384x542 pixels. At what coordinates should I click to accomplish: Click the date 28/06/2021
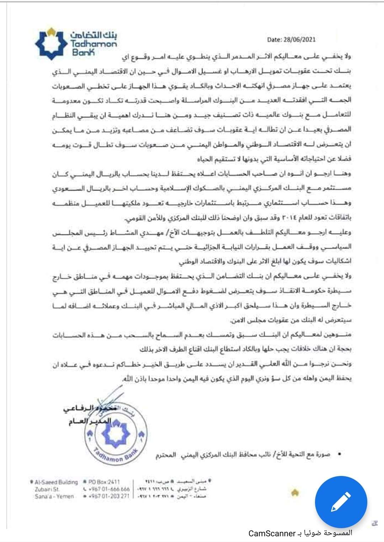299,40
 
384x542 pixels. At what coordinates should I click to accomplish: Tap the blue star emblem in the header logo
51,44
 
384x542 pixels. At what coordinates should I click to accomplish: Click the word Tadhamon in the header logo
94,44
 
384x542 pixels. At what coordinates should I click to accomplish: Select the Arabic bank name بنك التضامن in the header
94,35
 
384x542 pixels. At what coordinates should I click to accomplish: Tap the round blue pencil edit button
341,502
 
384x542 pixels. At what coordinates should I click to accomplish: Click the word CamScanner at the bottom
272,533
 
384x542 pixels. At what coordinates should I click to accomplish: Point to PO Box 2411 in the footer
104,482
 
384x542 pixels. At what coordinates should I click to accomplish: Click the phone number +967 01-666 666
109,489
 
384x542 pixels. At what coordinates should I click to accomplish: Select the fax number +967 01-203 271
109,496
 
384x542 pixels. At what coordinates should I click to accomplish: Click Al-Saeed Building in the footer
56,482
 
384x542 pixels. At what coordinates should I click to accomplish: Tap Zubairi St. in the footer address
47,489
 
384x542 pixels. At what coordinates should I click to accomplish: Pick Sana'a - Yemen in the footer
54,496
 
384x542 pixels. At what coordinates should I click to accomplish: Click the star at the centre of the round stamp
116,434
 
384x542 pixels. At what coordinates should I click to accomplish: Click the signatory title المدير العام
90,421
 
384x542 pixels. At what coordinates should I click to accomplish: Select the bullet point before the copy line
340,454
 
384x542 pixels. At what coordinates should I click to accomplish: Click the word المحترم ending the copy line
166,455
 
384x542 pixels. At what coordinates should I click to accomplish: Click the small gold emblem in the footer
294,492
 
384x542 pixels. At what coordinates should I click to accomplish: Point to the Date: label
274,40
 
